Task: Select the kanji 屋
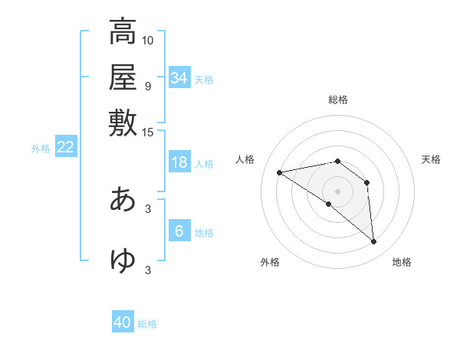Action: pyautogui.click(x=123, y=77)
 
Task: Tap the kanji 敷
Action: pyautogui.click(x=123, y=122)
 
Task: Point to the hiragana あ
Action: pyautogui.click(x=123, y=199)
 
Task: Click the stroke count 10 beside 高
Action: pyautogui.click(x=148, y=40)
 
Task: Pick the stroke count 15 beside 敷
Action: pyautogui.click(x=148, y=132)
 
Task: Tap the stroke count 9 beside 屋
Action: pyautogui.click(x=148, y=86)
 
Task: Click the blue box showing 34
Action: pyautogui.click(x=179, y=78)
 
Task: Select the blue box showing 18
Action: pyautogui.click(x=179, y=162)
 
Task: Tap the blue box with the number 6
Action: pyautogui.click(x=179, y=231)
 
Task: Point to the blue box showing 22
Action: pyautogui.click(x=65, y=147)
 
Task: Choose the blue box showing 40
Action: pyautogui.click(x=123, y=322)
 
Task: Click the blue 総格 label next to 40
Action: pyautogui.click(x=147, y=324)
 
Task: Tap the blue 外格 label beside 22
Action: pyautogui.click(x=41, y=149)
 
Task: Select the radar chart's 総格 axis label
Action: pyautogui.click(x=338, y=100)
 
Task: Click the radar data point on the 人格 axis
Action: pyautogui.click(x=280, y=172)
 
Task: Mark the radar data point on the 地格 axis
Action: pyautogui.click(x=373, y=242)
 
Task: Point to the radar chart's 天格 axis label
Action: pyautogui.click(x=432, y=159)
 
